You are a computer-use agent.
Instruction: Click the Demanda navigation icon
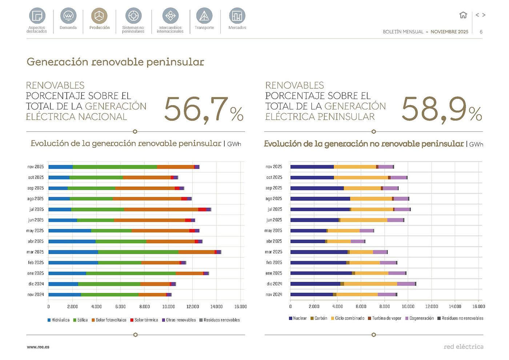click(68, 16)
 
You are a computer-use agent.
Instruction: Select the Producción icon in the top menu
click(99, 16)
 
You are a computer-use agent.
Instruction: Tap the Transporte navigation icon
click(204, 16)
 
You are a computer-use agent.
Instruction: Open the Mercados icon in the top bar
click(237, 16)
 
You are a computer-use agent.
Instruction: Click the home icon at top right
click(463, 15)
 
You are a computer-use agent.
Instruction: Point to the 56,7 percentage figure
click(204, 109)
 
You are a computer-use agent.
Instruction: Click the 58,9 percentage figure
click(441, 109)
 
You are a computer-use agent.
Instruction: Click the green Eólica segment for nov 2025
click(115, 167)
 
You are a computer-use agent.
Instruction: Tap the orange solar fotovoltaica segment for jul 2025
click(161, 209)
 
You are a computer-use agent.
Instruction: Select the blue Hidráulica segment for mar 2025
click(73, 252)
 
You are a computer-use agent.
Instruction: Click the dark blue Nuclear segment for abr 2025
click(308, 241)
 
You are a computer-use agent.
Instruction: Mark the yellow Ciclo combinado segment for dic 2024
click(370, 284)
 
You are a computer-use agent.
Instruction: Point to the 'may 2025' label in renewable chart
click(35, 231)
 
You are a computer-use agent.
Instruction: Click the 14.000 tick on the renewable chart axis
click(216, 307)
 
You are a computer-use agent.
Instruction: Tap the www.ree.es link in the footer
click(38, 347)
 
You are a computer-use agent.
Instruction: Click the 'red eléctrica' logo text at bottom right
click(463, 347)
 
